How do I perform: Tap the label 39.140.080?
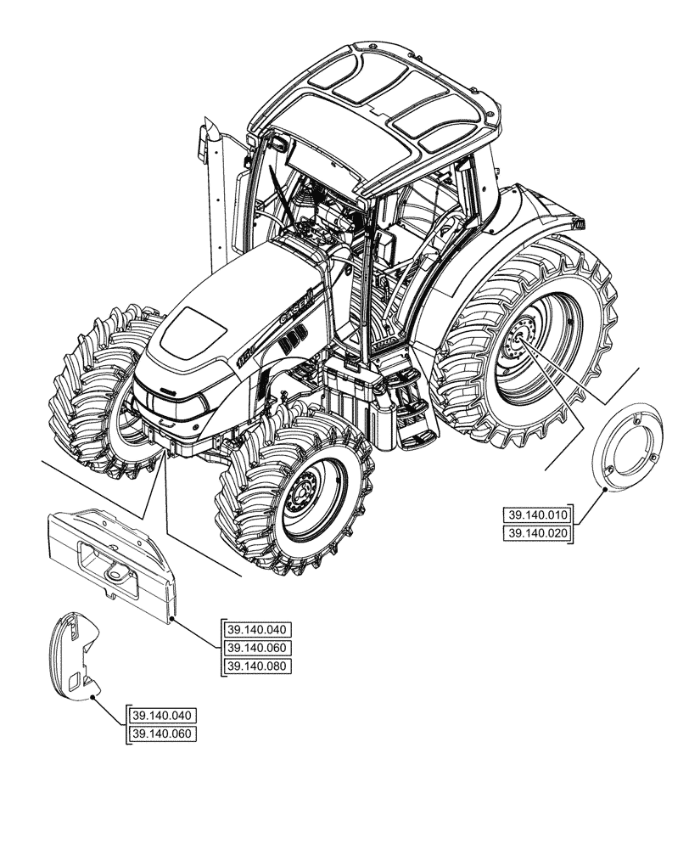click(257, 666)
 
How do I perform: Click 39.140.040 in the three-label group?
click(257, 630)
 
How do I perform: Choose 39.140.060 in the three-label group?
click(257, 648)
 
